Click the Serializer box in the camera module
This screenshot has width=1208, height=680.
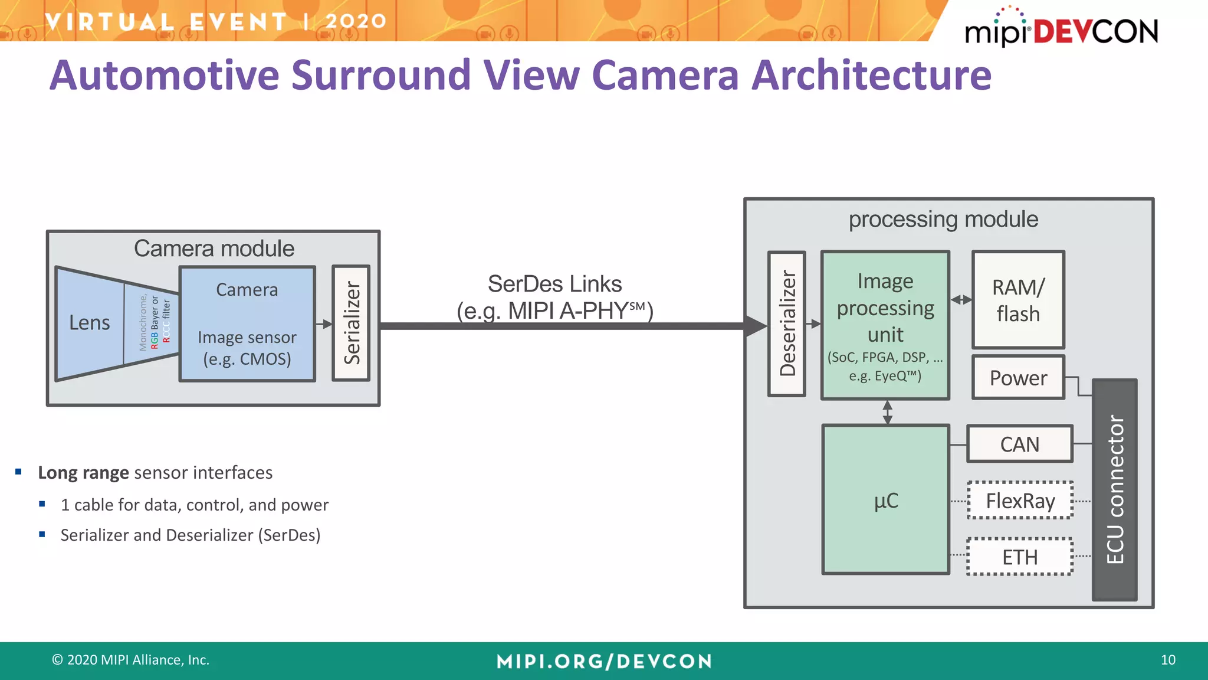tap(351, 323)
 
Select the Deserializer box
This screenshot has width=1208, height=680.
tap(787, 323)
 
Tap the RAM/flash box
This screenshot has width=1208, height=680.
tap(1018, 300)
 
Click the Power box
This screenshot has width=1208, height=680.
tap(1018, 378)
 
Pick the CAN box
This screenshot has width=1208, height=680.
tap(1019, 444)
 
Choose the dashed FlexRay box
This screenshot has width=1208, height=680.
tap(1020, 501)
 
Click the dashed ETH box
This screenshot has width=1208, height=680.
tap(1020, 557)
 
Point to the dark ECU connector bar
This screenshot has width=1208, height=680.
tap(1114, 490)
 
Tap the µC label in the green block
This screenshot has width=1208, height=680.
tap(886, 501)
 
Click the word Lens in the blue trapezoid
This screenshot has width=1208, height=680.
tap(89, 323)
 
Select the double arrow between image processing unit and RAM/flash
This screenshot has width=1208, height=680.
tap(961, 300)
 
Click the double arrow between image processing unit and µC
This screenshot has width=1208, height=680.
tap(887, 412)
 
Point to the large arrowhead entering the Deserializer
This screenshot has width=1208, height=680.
tap(755, 326)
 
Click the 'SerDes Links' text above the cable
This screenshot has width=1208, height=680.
tap(554, 284)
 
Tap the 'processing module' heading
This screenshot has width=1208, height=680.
tap(943, 220)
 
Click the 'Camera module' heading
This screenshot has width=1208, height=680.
tap(214, 249)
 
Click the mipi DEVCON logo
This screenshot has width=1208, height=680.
tap(1061, 30)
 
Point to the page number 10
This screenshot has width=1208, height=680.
tap(1168, 660)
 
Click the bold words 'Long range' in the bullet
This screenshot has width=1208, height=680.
tap(83, 473)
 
